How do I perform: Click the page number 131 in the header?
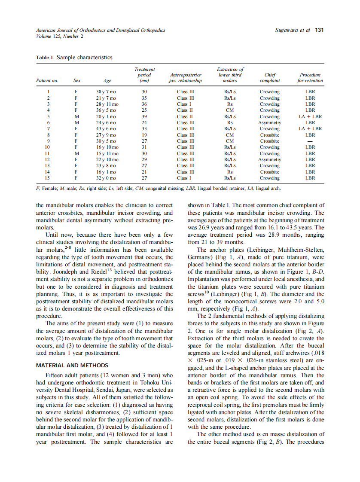pyautogui.click(x=319, y=30)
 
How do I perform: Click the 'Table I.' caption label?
pyautogui.click(x=45, y=58)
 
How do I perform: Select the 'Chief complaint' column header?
pyautogui.click(x=270, y=77)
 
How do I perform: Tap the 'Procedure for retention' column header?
pyautogui.click(x=310, y=77)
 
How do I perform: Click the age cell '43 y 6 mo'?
pyautogui.click(x=106, y=128)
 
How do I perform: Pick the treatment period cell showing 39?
pyautogui.click(x=144, y=116)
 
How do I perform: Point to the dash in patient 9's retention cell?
pyautogui.click(x=310, y=141)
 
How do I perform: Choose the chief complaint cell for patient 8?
pyautogui.click(x=269, y=135)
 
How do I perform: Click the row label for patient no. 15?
pyautogui.click(x=49, y=178)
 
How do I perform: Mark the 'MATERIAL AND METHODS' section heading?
pyautogui.click(x=72, y=366)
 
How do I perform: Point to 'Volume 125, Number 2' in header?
pyautogui.click(x=60, y=36)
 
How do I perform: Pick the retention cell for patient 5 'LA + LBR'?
pyautogui.click(x=310, y=116)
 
